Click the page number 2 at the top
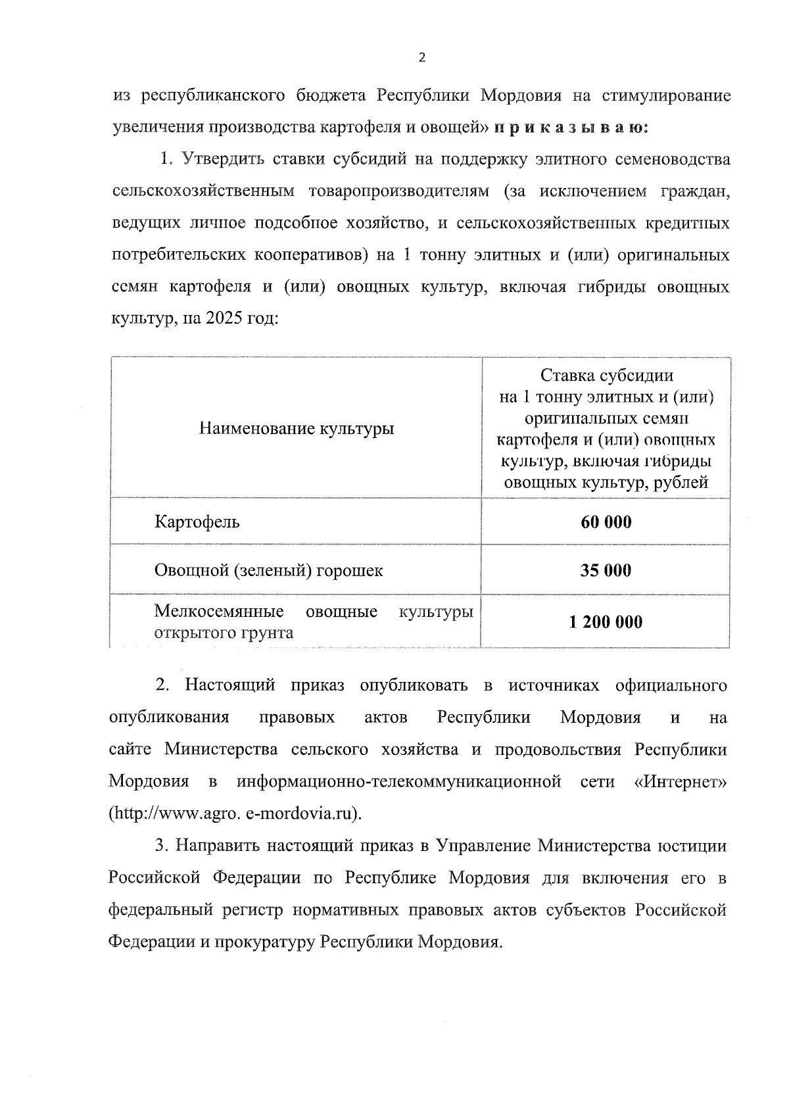coord(421,57)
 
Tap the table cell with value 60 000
coord(606,522)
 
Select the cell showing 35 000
coord(606,570)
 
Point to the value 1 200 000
coord(606,622)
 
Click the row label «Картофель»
coord(197,522)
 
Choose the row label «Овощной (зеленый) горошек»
coord(268,570)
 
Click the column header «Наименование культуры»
coord(297,429)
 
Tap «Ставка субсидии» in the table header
coord(606,376)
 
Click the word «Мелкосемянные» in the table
coord(219,612)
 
